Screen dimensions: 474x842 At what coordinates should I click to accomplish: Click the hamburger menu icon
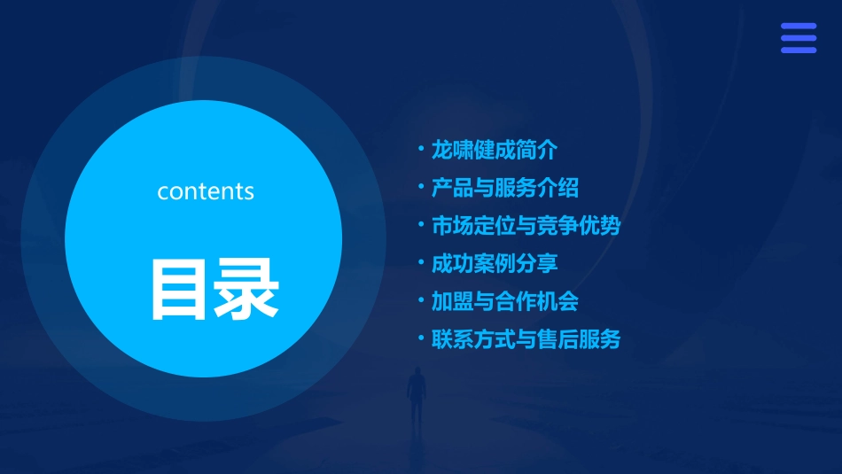798,38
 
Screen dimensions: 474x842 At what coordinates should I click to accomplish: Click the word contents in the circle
206,191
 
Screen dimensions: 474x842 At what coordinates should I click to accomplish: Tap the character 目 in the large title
181,288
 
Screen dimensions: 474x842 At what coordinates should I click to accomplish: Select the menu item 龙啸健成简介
494,150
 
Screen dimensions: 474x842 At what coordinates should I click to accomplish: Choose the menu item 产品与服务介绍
504,188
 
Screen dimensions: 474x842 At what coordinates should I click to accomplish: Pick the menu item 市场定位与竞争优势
526,226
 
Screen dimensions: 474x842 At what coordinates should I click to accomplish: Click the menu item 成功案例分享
494,263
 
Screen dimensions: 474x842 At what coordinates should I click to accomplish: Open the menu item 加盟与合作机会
504,301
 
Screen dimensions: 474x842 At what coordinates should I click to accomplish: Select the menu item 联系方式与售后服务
526,339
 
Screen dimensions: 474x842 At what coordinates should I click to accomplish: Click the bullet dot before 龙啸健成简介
421,149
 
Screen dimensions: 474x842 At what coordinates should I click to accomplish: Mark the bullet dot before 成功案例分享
421,262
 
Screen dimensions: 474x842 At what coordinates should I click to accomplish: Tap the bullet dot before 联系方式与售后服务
421,338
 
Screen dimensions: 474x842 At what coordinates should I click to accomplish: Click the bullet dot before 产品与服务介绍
421,187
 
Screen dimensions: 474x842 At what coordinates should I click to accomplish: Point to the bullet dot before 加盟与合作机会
421,300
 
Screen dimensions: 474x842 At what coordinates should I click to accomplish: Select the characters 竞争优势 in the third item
579,226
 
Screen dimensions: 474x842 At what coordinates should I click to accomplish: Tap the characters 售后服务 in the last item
579,339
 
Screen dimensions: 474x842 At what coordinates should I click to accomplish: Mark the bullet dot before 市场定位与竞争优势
421,225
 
